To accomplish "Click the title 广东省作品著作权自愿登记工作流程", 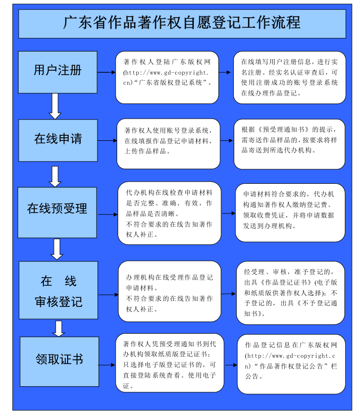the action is coord(182,23).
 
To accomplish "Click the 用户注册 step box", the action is coord(58,72).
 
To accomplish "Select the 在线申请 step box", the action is coord(58,140).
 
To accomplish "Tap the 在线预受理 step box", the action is coord(57,213).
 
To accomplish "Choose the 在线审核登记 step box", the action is coord(58,290).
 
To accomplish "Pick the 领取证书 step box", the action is coord(60,361).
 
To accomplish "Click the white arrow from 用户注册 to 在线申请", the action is coord(55,106).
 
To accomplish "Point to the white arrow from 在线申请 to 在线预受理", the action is coord(55,176).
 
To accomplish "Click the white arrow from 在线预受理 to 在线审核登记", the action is coord(57,249).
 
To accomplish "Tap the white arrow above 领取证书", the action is coord(59,329).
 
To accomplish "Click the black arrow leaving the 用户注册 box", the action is coord(107,72).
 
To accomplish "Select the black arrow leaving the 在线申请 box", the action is coord(107,140).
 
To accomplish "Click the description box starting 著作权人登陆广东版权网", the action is coord(167,78).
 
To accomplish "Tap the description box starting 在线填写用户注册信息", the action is coord(289,78).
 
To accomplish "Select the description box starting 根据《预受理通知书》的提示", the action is coord(289,144).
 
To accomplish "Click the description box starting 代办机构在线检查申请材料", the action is coord(170,213).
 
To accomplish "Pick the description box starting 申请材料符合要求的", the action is coord(290,213).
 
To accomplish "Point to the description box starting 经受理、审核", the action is coord(290,293).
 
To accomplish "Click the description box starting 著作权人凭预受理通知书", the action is coord(170,363).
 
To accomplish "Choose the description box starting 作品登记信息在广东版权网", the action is coord(291,364).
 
